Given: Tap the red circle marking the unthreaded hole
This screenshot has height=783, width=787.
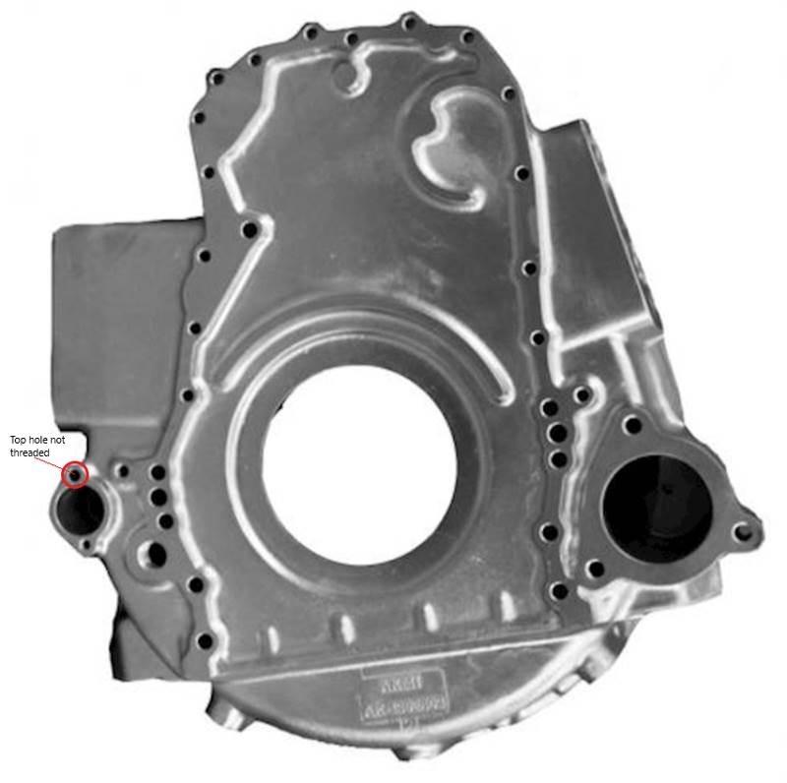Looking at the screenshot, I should point(75,475).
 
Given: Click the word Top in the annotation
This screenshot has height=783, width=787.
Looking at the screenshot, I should point(19,440).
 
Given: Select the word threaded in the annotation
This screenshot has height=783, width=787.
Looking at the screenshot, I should point(30,452).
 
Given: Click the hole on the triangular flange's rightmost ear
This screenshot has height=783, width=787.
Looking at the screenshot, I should point(744,532).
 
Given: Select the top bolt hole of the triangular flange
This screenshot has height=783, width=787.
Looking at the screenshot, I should point(633,426).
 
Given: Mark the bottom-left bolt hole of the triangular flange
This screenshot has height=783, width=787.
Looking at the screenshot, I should point(594,568).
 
